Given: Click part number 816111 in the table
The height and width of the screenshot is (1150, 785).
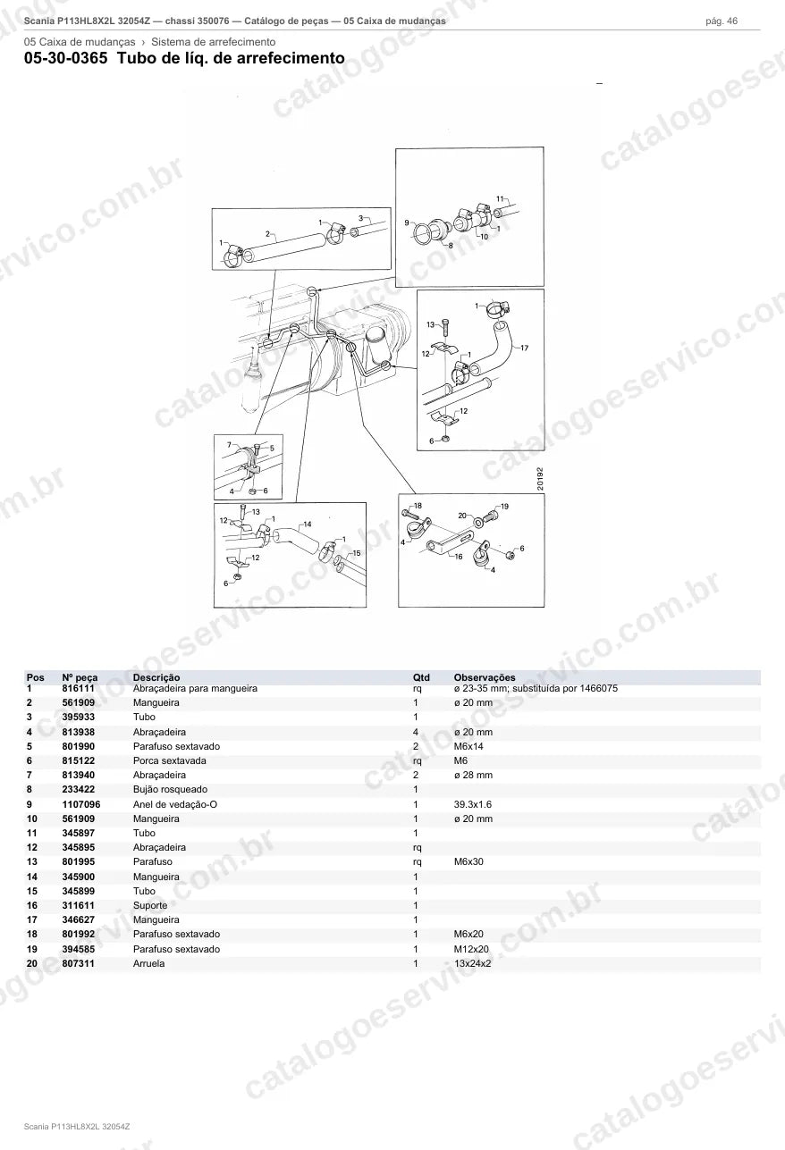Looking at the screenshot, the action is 78,688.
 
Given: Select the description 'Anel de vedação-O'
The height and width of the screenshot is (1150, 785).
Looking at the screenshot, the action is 174,804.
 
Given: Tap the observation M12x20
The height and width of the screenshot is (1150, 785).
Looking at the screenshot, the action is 471,949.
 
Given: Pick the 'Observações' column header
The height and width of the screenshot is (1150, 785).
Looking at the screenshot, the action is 484,677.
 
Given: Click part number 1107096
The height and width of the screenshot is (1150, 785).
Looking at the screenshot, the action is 81,804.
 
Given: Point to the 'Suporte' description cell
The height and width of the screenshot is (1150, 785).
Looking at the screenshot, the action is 150,905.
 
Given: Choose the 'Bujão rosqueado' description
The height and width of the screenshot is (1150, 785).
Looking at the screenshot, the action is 170,789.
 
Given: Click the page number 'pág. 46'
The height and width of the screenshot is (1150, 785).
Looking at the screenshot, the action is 722,21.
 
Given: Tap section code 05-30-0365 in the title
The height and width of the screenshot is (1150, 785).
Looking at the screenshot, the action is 66,57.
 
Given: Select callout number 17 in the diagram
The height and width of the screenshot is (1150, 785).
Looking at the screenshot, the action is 524,348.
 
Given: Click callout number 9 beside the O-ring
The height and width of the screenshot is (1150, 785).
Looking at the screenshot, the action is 407,222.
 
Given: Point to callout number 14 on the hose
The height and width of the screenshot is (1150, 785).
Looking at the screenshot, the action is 308,525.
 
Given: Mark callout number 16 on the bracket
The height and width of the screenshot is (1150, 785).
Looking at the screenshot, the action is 459,556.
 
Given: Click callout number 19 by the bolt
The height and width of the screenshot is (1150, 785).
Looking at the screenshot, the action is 504,507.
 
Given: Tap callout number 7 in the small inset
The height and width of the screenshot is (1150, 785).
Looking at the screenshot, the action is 229,445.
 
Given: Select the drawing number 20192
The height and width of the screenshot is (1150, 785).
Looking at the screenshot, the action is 539,478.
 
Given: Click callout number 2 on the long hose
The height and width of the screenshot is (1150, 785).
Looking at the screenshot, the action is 267,233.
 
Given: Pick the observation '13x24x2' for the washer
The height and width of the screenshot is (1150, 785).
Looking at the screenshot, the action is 472,963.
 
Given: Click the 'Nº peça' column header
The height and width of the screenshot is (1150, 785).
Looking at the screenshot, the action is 80,677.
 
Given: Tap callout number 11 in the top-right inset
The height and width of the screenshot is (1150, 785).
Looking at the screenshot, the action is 500,198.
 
